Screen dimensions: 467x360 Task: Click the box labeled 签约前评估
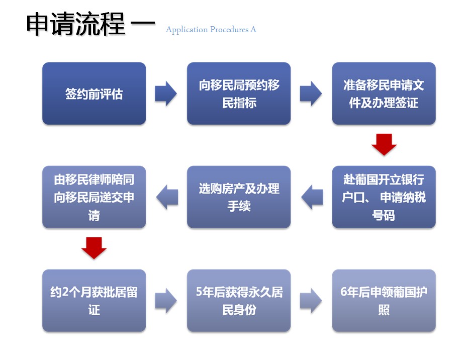[94, 94]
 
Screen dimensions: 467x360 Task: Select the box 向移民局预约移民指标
[239, 94]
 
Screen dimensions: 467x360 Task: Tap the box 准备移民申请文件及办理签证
[384, 94]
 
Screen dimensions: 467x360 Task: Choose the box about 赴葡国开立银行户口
[384, 197]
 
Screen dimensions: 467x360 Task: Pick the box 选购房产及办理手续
[239, 197]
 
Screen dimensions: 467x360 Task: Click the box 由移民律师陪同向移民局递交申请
[94, 197]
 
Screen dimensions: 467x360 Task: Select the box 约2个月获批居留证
[94, 300]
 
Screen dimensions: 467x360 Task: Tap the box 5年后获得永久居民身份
[239, 300]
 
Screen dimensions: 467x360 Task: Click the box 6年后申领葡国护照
[384, 300]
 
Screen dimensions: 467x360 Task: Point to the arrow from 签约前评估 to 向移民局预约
[166, 94]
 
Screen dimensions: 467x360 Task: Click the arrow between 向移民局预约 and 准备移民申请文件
[311, 94]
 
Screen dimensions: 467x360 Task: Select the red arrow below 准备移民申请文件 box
[384, 144]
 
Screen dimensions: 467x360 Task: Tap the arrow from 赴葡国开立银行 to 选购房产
[312, 197]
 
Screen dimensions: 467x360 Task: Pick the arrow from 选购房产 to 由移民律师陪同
[167, 197]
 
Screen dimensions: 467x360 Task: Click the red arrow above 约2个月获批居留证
[94, 248]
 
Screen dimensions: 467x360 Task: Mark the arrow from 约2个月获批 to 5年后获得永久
[166, 300]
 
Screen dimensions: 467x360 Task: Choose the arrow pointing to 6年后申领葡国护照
[311, 300]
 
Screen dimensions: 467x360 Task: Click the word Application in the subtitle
[186, 30]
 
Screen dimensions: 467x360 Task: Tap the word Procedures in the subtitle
[229, 30]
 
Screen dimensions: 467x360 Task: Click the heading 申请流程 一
[90, 24]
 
